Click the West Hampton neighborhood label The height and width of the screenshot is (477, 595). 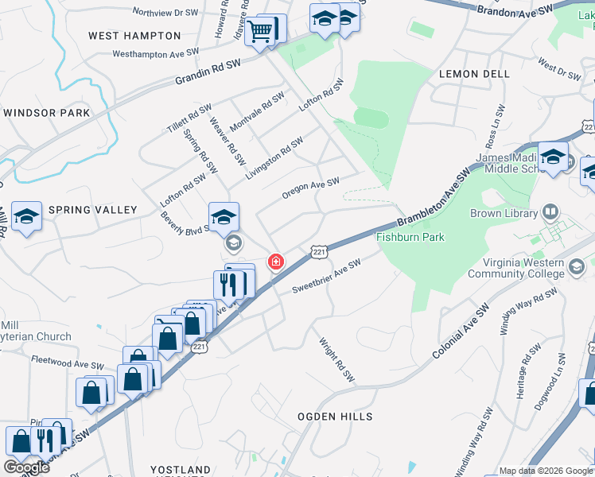click(x=134, y=36)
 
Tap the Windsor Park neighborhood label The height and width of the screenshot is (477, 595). click(x=46, y=113)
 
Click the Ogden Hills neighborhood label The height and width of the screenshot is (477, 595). click(x=335, y=417)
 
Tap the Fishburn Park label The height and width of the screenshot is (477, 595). click(x=410, y=237)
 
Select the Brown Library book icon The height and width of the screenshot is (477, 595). click(x=550, y=211)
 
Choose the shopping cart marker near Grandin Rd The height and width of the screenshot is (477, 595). click(x=259, y=32)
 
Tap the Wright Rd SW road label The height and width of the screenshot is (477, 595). click(x=336, y=359)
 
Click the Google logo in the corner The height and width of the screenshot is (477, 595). click(x=27, y=467)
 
